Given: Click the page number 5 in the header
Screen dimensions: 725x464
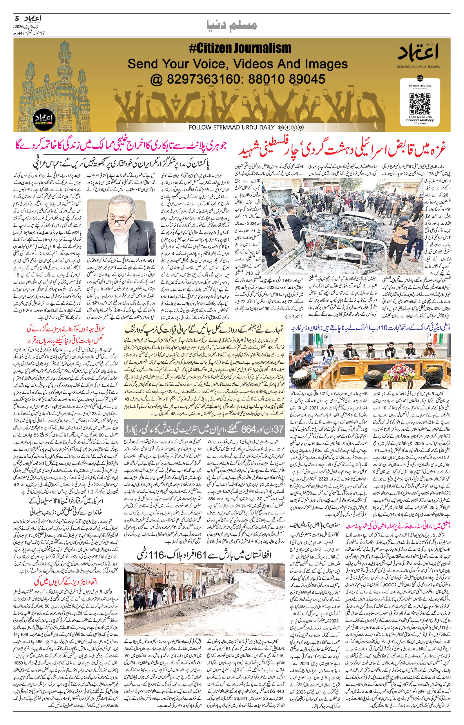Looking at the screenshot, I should coord(17,18).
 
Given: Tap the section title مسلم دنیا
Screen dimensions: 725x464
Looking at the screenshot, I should coord(232,25).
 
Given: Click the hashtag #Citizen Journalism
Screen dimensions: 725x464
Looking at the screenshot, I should coord(240,48).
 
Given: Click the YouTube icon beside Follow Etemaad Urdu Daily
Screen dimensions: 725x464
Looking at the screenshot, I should coord(301,127).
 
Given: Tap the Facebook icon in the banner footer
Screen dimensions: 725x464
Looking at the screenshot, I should coord(287,127).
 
